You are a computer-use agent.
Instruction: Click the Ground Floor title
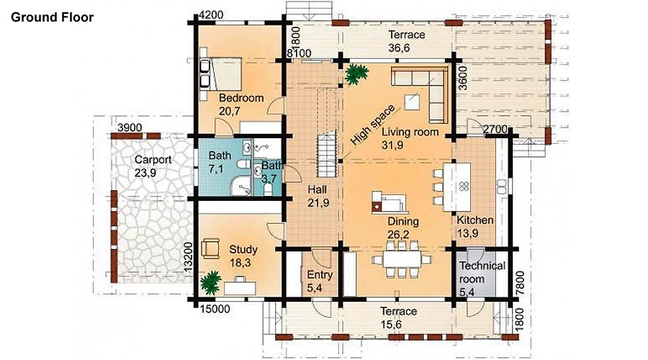point(52,17)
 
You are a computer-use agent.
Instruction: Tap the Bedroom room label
point(241,99)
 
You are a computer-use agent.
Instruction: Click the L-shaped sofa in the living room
point(426,89)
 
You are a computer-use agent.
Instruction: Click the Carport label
point(153,160)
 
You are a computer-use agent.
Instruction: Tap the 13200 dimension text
point(188,256)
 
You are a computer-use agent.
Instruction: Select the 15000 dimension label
point(215,308)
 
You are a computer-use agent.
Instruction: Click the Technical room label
point(482,272)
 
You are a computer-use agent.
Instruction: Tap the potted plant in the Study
point(211,283)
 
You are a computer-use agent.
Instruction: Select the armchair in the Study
point(211,249)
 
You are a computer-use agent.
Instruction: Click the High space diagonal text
point(373,125)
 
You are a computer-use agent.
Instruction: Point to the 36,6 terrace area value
point(399,48)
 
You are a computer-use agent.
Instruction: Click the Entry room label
point(320,275)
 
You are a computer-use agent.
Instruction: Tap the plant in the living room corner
point(356,74)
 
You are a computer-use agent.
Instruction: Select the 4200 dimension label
point(211,15)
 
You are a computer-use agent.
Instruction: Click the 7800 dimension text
point(521,283)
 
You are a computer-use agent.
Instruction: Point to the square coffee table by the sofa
point(413,102)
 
